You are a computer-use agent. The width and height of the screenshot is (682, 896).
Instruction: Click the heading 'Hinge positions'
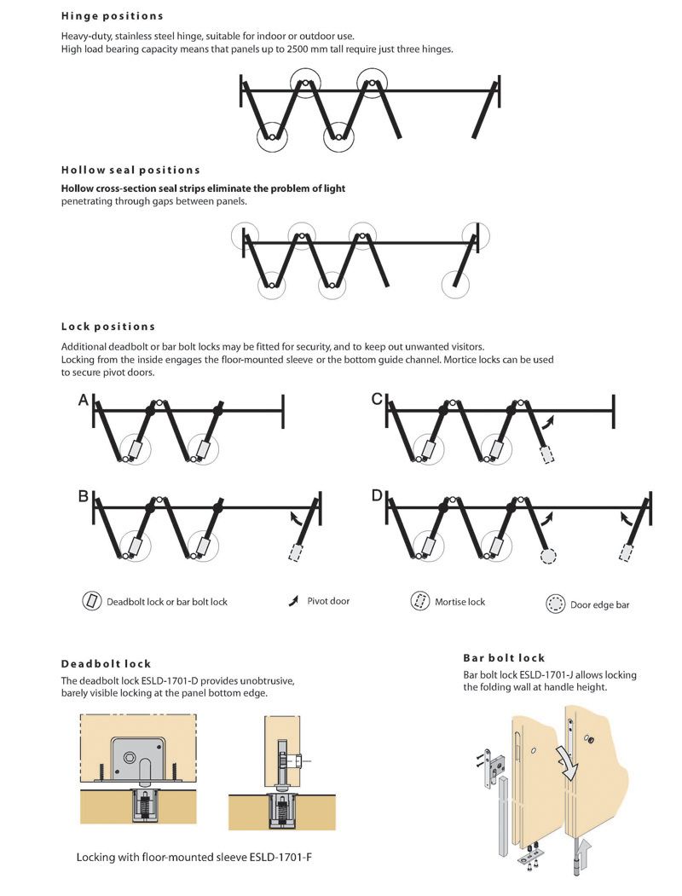point(112,15)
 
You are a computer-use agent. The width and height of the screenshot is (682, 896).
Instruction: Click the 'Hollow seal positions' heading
point(130,170)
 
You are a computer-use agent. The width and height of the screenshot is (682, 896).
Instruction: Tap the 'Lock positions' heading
point(108,327)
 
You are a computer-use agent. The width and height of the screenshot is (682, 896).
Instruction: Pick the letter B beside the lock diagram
point(84,495)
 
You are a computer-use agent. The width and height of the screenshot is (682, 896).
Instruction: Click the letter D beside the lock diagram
point(378,495)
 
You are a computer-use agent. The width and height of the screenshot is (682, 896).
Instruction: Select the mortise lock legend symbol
point(419,601)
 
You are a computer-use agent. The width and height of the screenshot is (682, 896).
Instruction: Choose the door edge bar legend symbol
point(555,604)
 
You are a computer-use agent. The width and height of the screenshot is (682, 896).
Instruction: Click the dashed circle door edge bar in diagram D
point(548,555)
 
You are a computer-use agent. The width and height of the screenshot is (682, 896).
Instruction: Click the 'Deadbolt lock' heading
point(106,663)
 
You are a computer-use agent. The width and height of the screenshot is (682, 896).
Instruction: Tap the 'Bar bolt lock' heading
point(504,657)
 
